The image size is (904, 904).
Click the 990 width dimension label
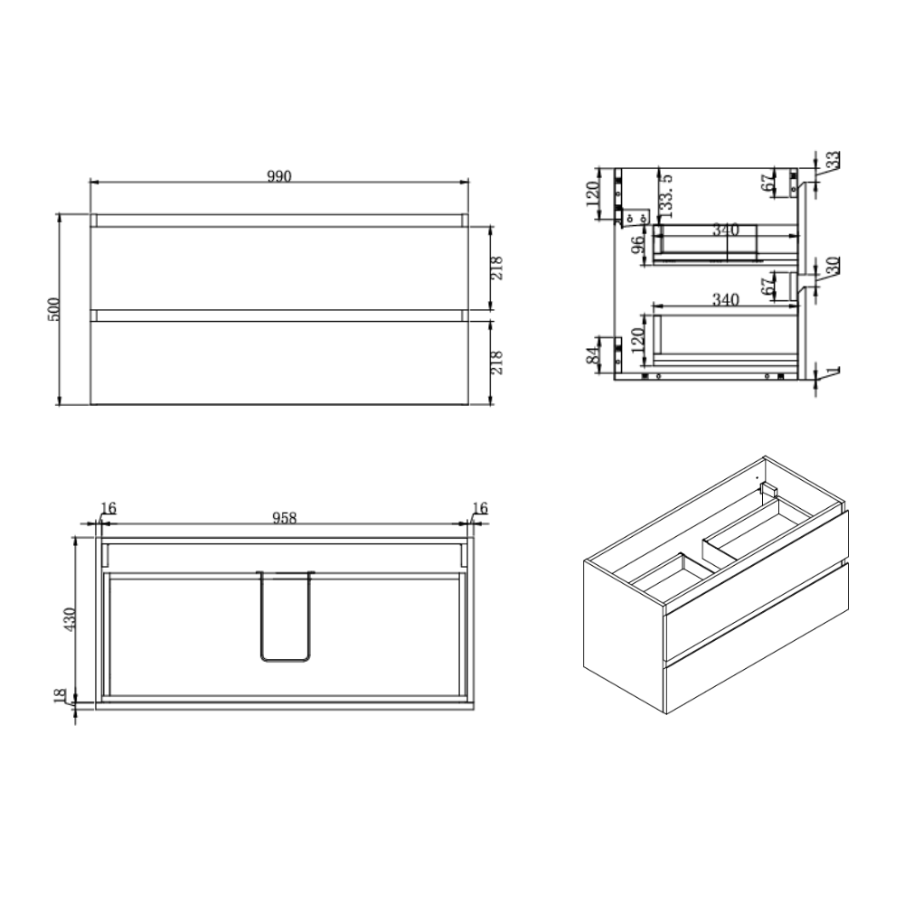[279, 176]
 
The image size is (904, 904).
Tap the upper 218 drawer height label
[497, 268]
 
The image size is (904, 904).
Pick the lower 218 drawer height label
[497, 363]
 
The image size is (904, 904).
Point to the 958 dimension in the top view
[284, 518]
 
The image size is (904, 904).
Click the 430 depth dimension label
[70, 618]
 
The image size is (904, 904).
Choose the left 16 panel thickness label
[108, 508]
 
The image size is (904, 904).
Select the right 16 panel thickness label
[480, 508]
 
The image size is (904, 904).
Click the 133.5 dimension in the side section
[666, 196]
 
